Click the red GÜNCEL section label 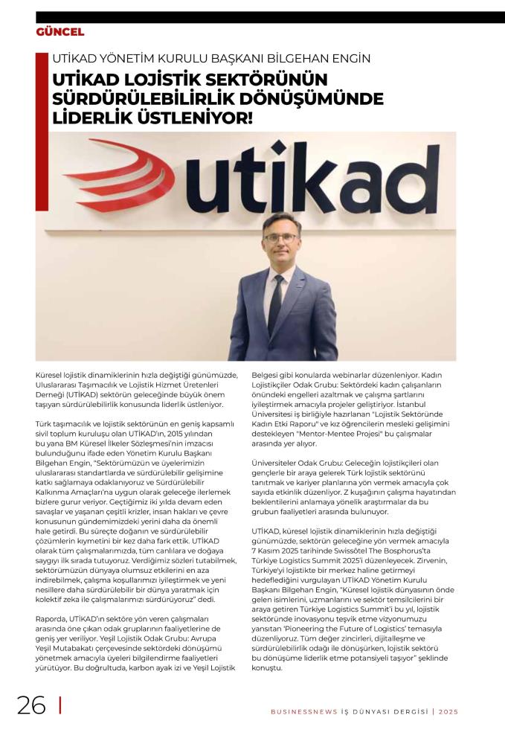point(60,32)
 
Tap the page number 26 point(31,704)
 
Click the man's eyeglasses point(280,237)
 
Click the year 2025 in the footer point(448,711)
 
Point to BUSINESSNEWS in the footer point(300,711)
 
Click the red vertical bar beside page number point(59,704)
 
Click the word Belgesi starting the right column point(266,377)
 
